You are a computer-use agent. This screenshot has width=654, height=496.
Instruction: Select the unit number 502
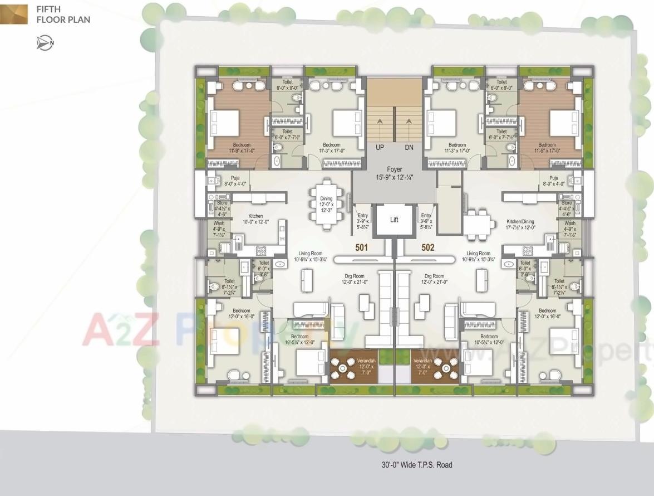[427, 247]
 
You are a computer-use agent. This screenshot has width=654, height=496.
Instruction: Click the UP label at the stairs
[380, 148]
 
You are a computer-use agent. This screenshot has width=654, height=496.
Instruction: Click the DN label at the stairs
[409, 148]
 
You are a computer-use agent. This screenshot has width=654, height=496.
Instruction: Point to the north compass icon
[45, 43]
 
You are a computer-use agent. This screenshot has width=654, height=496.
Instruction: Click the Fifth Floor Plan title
[63, 14]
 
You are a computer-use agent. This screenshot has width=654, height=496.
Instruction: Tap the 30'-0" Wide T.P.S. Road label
[417, 464]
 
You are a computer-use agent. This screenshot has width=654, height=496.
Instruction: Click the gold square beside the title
[13, 14]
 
